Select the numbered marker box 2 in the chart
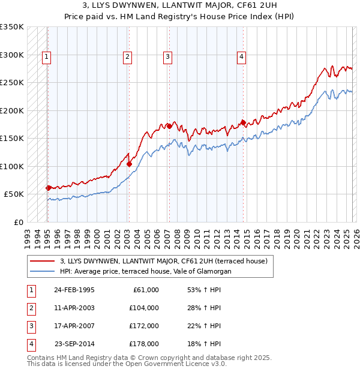click(128, 57)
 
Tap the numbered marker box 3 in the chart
click(167, 57)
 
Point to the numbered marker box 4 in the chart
click(241, 57)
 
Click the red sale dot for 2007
click(169, 126)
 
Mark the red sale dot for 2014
click(243, 122)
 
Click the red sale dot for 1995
click(48, 188)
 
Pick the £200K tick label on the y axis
click(12, 110)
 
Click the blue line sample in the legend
click(42, 271)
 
